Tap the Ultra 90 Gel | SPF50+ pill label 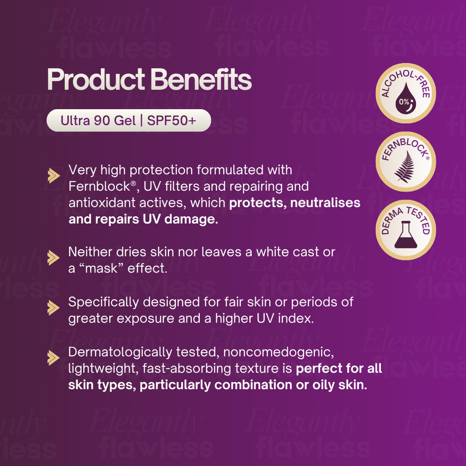click(129, 120)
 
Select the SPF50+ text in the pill click(172, 121)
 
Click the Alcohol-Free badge click(405, 93)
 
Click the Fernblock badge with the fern click(405, 162)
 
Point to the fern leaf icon click(405, 167)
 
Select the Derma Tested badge click(405, 230)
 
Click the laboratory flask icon click(405, 235)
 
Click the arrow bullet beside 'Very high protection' click(54, 176)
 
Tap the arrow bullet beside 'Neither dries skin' click(54, 258)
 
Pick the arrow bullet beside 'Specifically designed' click(54, 308)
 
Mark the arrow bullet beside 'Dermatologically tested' click(54, 358)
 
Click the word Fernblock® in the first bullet click(102, 186)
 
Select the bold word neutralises click(325, 203)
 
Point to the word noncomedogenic click(279, 353)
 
